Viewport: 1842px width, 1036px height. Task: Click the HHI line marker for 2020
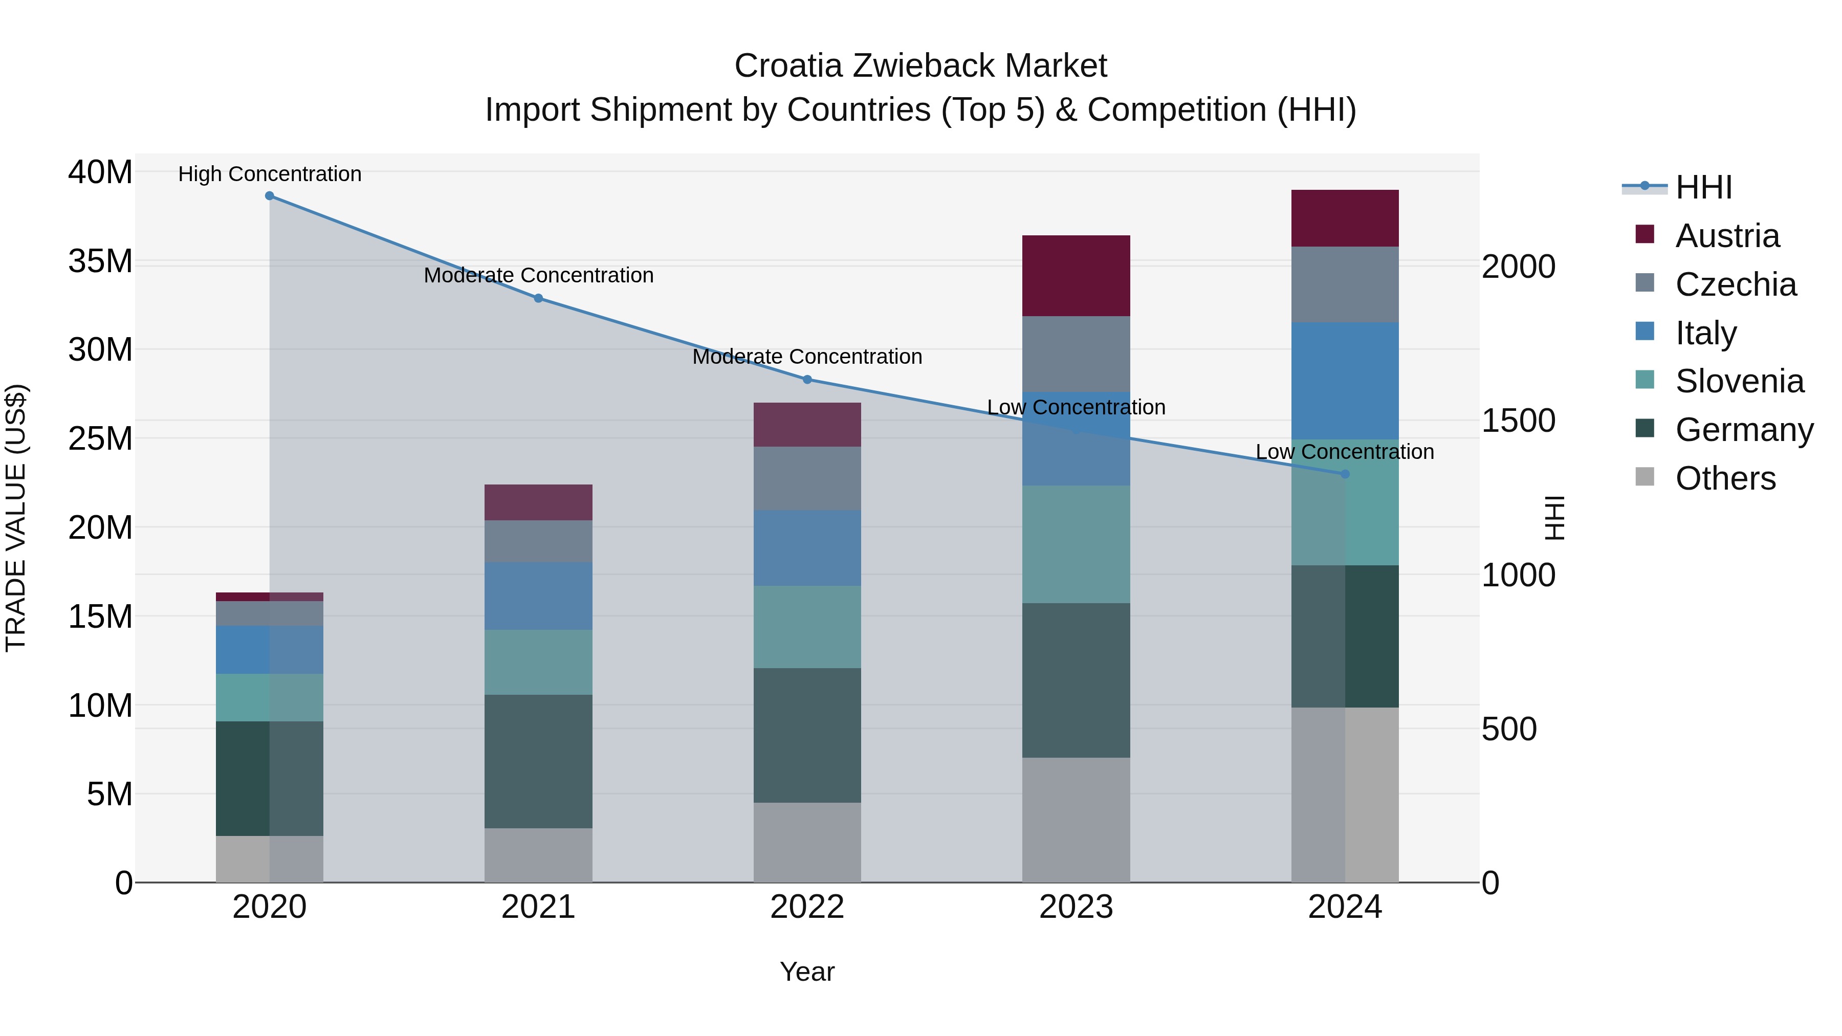(x=270, y=196)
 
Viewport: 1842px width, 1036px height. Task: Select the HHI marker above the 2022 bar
(x=807, y=380)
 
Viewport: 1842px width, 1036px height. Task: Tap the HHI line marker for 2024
(x=1345, y=474)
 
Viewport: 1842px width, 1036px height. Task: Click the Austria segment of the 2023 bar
(x=1076, y=276)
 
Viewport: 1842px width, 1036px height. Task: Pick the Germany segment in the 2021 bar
(x=538, y=761)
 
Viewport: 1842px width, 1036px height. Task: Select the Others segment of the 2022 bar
(x=807, y=842)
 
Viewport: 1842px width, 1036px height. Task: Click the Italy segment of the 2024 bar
(x=1345, y=381)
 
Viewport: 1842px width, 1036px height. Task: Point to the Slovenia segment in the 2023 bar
(x=1076, y=544)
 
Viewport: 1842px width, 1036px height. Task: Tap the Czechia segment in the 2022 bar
(x=807, y=478)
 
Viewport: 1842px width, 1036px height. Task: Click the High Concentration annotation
(x=270, y=174)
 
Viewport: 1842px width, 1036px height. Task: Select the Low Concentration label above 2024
(x=1345, y=452)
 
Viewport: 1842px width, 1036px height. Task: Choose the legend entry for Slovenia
(x=1739, y=381)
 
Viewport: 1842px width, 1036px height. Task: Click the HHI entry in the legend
(x=1703, y=187)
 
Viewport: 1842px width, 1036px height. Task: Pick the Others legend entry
(x=1725, y=478)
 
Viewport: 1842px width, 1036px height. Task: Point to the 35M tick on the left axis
(x=100, y=261)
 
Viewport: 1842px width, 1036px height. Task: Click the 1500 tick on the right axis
(x=1518, y=421)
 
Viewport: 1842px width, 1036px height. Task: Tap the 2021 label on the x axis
(x=538, y=907)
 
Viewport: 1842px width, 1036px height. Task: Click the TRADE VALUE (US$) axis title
(x=16, y=518)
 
